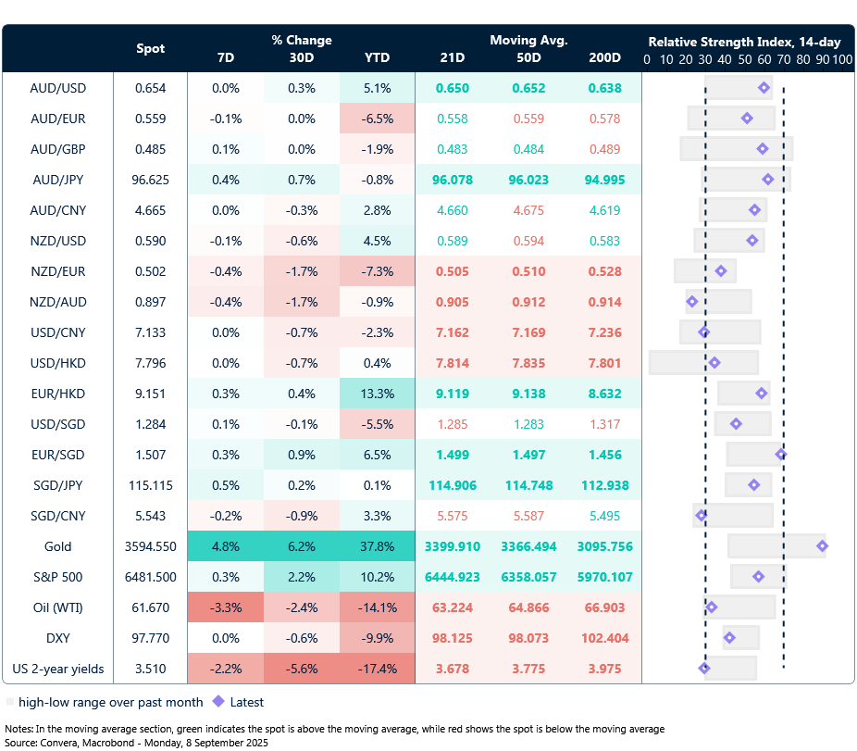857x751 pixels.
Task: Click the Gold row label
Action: [x=57, y=546]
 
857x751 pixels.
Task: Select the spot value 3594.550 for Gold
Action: [x=150, y=546]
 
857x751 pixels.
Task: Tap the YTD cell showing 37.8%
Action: [x=377, y=546]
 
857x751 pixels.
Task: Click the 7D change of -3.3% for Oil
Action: [x=225, y=607]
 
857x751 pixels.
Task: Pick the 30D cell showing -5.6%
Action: [x=301, y=669]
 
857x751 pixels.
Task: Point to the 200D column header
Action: [x=604, y=58]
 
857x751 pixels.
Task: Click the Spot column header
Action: [x=151, y=48]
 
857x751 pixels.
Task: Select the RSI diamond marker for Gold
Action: [x=822, y=546]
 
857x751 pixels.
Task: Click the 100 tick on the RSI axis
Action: [x=841, y=59]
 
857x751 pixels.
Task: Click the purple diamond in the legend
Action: [x=218, y=702]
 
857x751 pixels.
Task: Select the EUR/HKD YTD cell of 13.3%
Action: [x=377, y=394]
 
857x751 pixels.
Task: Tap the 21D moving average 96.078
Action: [x=453, y=180]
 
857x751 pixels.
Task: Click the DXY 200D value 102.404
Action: [x=604, y=638]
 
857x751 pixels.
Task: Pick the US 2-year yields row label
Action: [x=57, y=669]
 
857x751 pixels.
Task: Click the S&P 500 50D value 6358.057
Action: [x=528, y=577]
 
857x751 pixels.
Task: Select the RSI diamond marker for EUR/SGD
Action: [x=781, y=455]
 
